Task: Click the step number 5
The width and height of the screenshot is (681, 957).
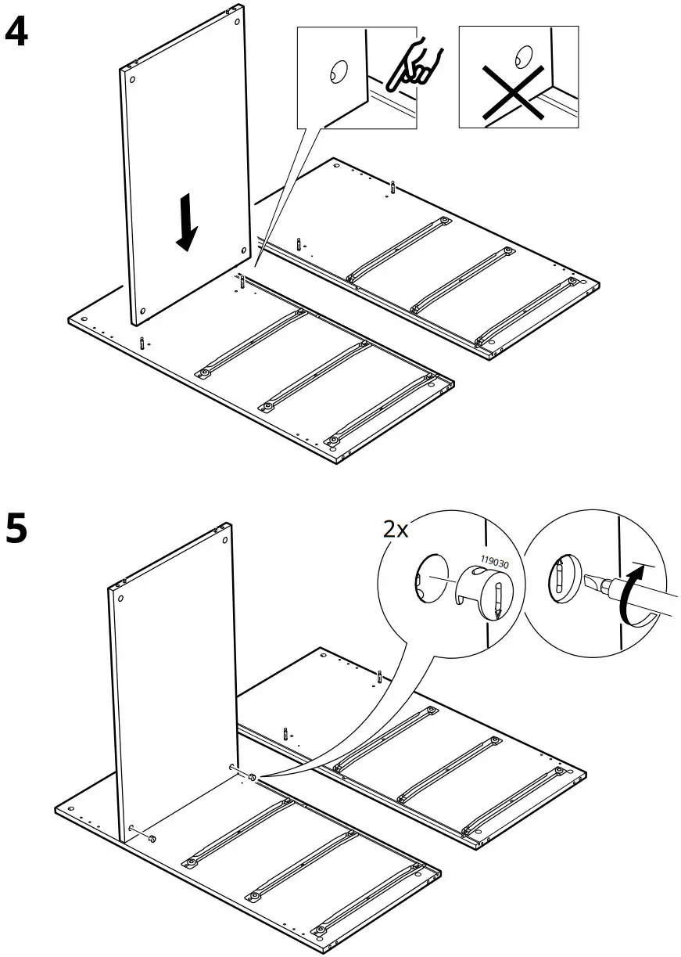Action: tap(16, 529)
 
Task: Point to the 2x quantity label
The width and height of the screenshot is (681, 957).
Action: tap(396, 529)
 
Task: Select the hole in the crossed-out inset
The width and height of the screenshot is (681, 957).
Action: tap(522, 56)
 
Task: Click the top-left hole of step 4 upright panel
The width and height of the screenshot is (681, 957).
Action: tap(131, 80)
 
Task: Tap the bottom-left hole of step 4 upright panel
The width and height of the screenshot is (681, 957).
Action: tap(142, 311)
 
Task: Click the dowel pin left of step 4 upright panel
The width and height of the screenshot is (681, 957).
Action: tap(141, 342)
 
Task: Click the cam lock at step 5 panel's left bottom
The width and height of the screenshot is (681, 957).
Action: tap(152, 838)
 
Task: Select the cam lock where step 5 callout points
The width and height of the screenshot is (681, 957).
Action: tap(253, 777)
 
